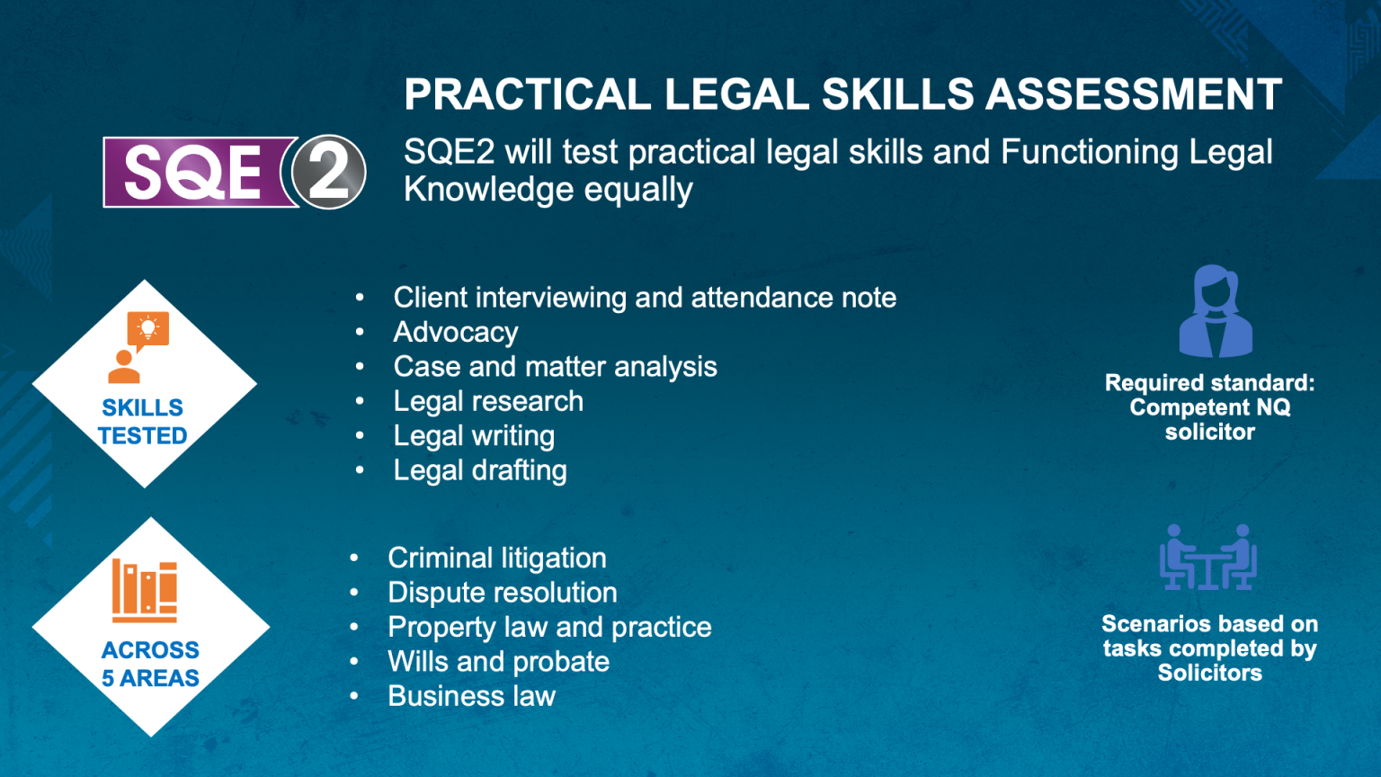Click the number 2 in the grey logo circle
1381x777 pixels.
point(327,172)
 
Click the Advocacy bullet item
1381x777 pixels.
point(456,333)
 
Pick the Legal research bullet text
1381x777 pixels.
point(488,401)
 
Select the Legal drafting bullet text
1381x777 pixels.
point(480,470)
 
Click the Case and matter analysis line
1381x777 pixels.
point(556,367)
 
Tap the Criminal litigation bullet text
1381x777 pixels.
point(497,558)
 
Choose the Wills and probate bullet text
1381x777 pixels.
point(499,662)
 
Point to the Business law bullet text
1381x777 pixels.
point(472,696)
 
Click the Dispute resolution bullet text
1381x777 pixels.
point(503,593)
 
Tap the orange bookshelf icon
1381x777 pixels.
point(144,591)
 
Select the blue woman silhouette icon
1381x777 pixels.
point(1216,311)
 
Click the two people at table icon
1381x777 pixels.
point(1207,557)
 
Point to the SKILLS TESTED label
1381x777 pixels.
point(142,422)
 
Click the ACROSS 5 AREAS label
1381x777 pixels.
point(150,665)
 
